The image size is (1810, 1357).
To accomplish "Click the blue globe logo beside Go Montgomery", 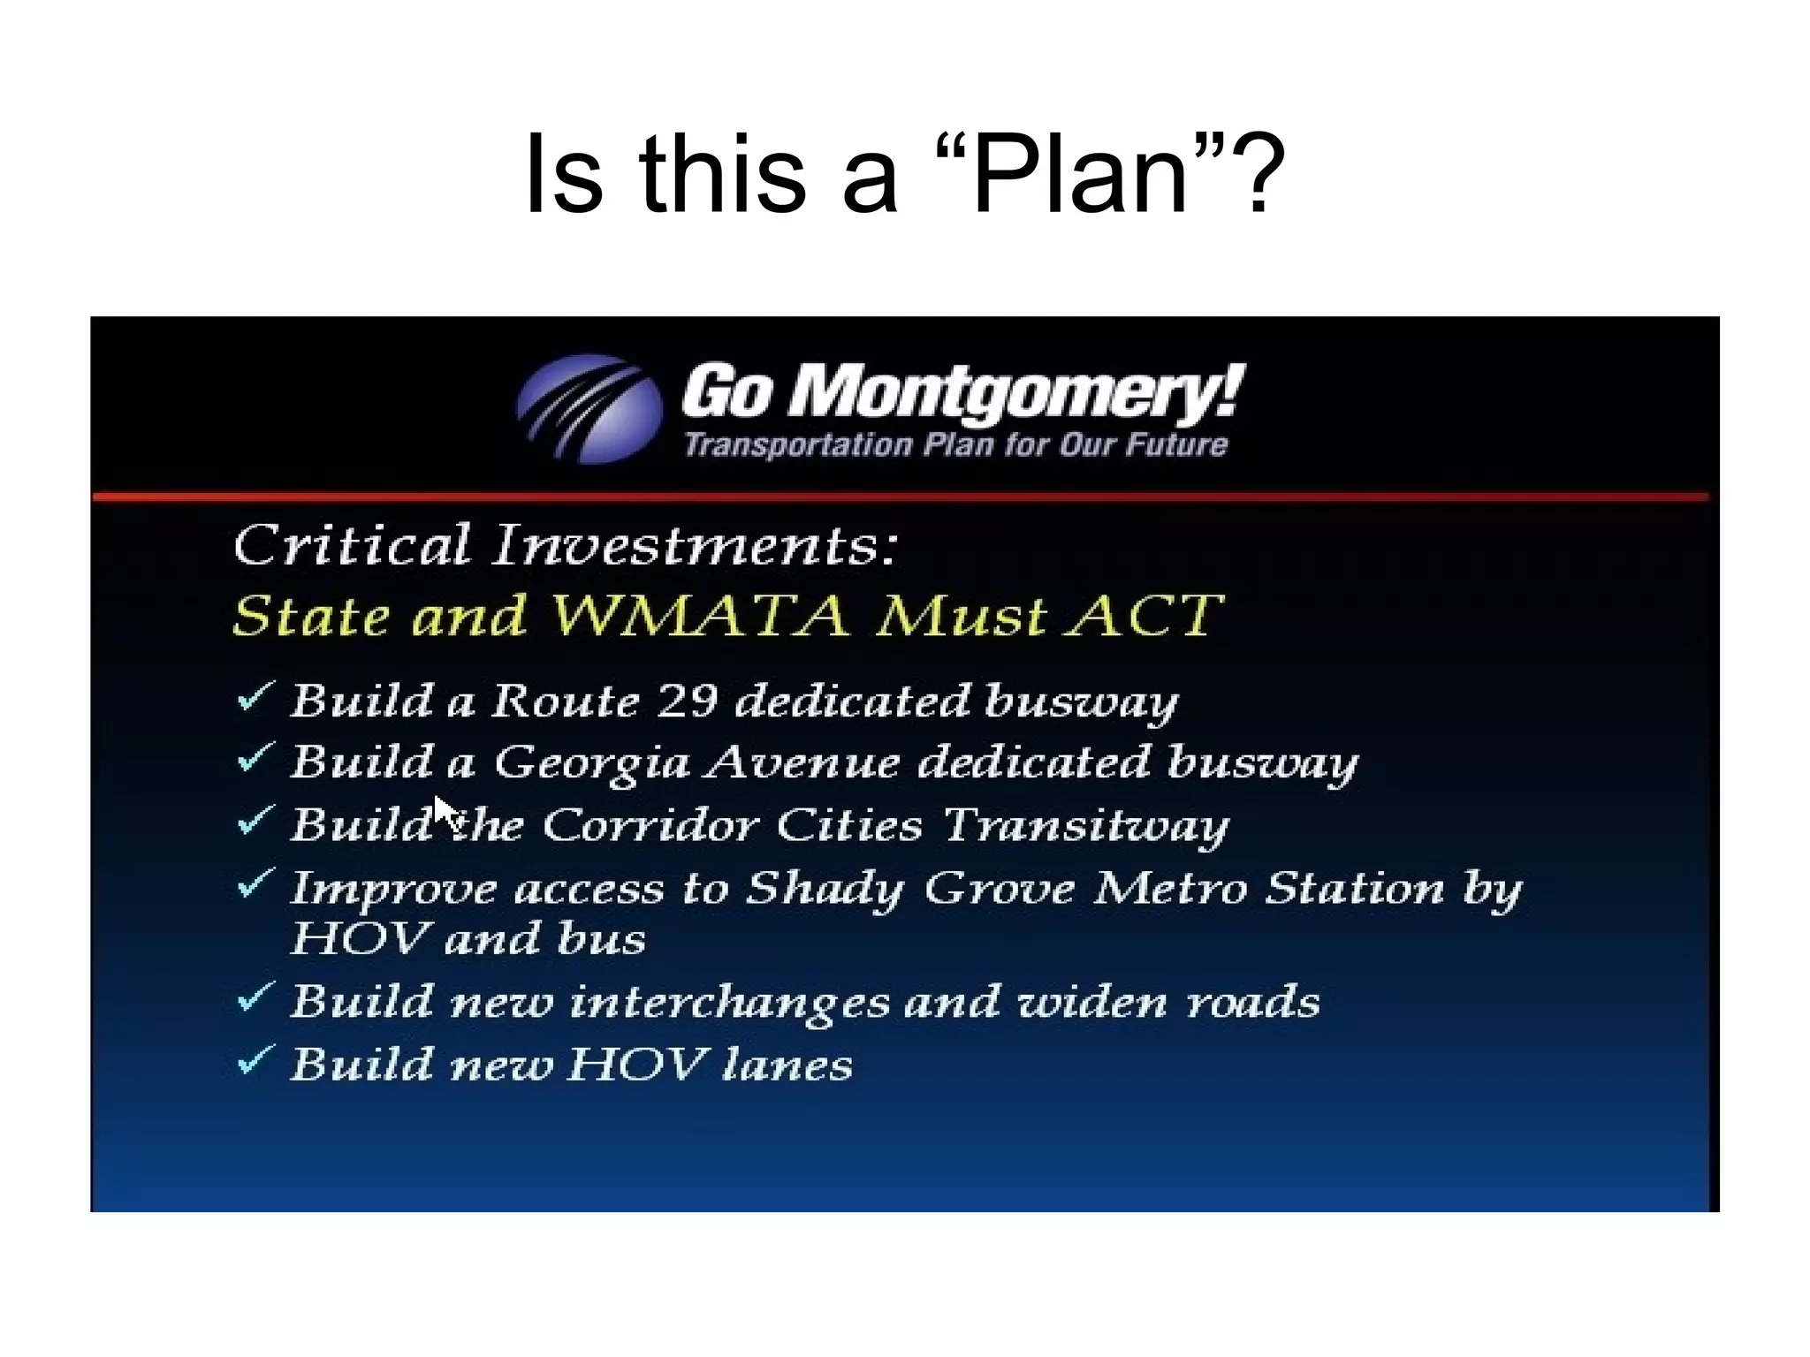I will tap(589, 409).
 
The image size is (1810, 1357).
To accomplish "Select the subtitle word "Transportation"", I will tap(798, 444).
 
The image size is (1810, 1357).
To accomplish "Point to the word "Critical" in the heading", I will tap(352, 544).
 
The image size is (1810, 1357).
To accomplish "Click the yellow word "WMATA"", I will tap(702, 615).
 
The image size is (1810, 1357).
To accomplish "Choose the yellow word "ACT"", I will tap(1144, 615).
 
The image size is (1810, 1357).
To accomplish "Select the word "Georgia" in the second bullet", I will tap(591, 763).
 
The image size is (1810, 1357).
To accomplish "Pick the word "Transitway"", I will tap(1085, 826).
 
